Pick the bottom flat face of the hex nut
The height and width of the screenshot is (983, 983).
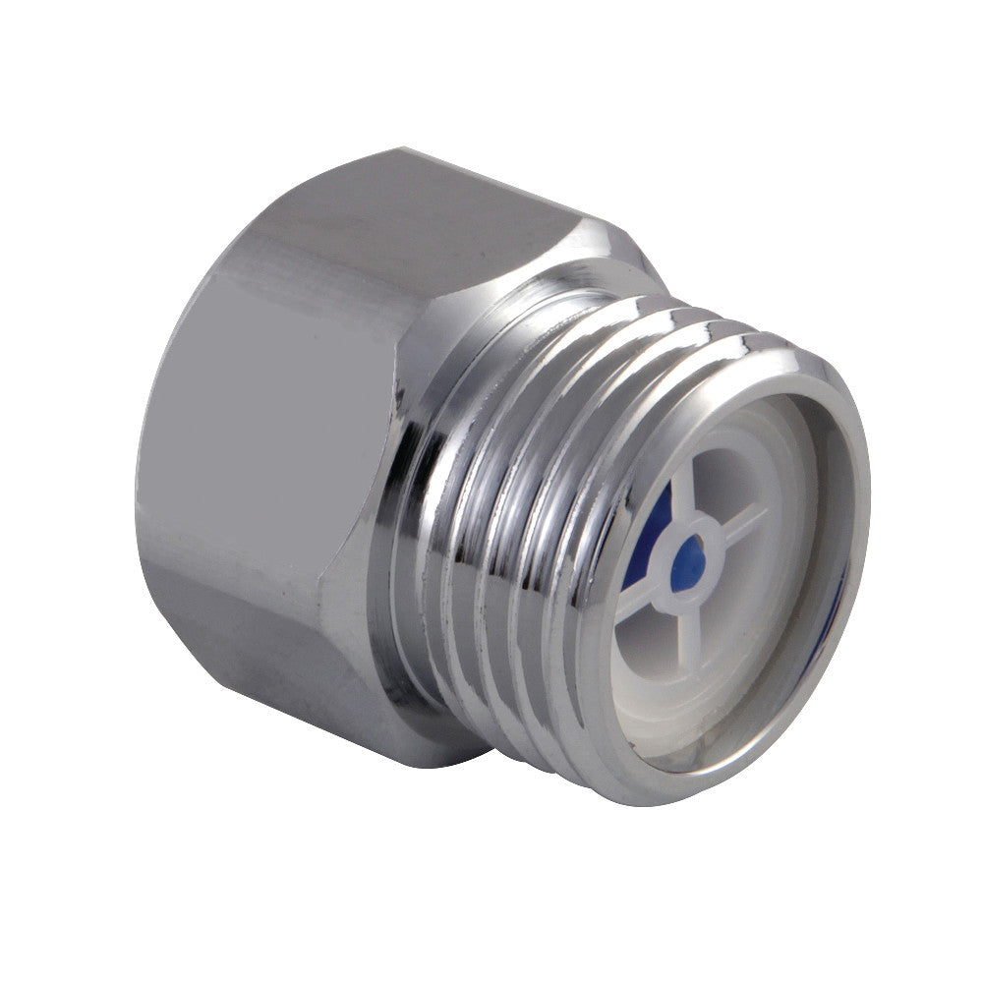(295, 678)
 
